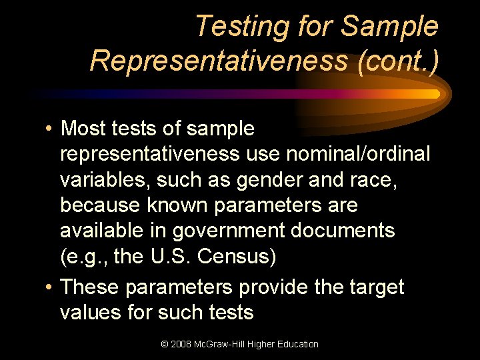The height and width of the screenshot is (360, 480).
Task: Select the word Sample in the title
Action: coord(389,27)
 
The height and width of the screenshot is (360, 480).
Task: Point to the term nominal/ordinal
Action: coord(358,154)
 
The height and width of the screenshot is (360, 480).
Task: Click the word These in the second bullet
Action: coord(89,287)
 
